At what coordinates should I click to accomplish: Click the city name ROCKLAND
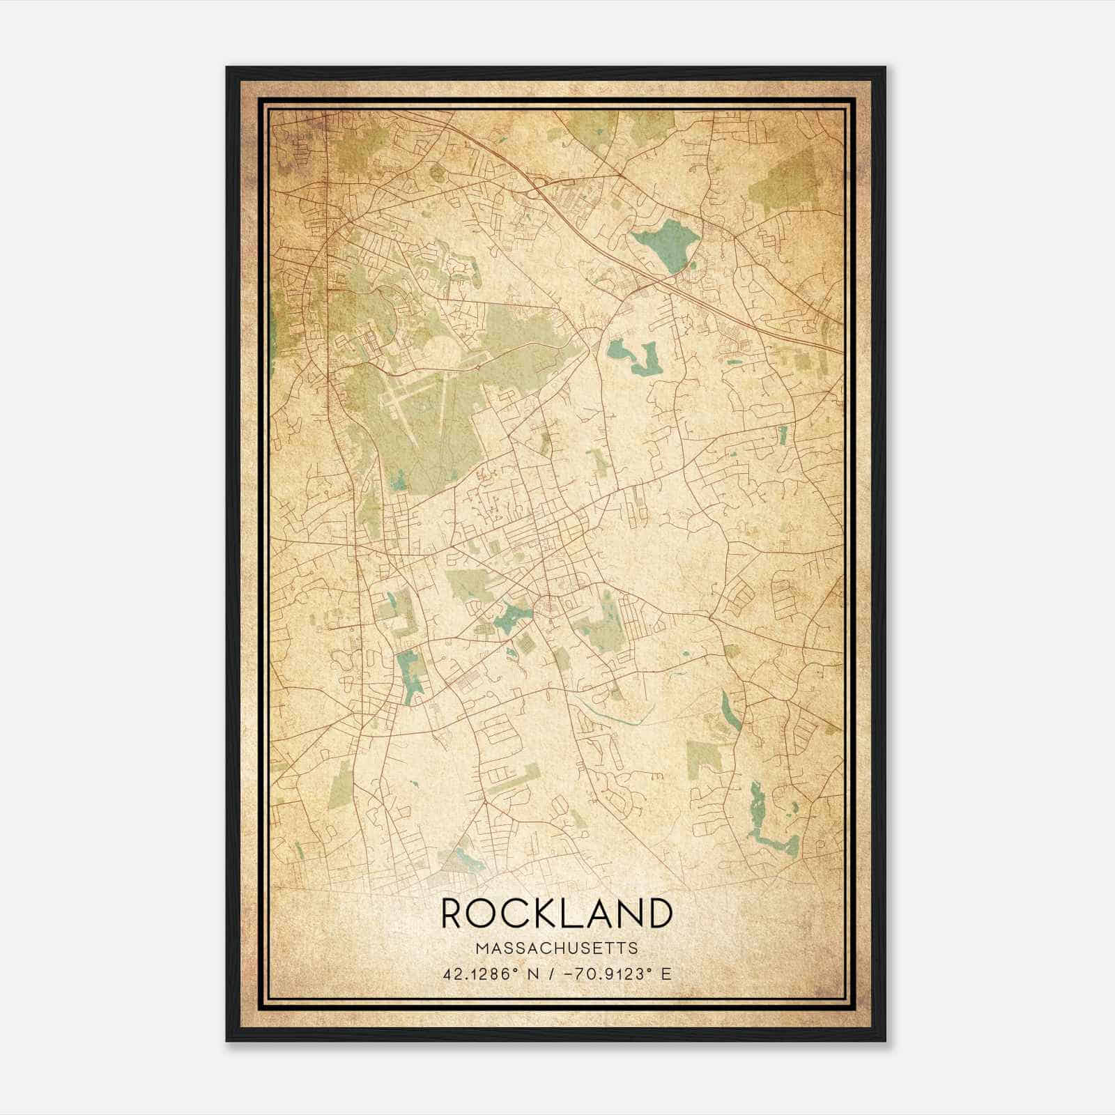click(x=557, y=914)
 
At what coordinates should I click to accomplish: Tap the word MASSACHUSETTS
click(x=557, y=948)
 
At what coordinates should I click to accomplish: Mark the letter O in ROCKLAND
click(x=482, y=914)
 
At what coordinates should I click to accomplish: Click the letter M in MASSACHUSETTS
click(x=482, y=948)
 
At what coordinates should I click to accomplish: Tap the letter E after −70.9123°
click(x=666, y=974)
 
